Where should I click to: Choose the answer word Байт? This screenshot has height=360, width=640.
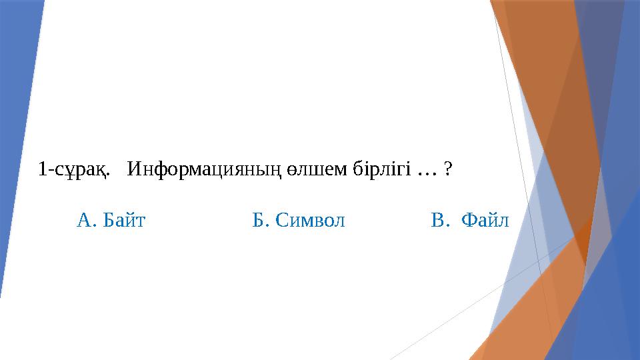(x=125, y=219)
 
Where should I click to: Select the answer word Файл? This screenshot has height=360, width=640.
(x=485, y=219)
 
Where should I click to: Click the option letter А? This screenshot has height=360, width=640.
(x=85, y=219)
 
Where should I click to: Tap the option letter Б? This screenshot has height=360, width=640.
(x=259, y=219)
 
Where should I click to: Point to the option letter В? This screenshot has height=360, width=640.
(x=437, y=219)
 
